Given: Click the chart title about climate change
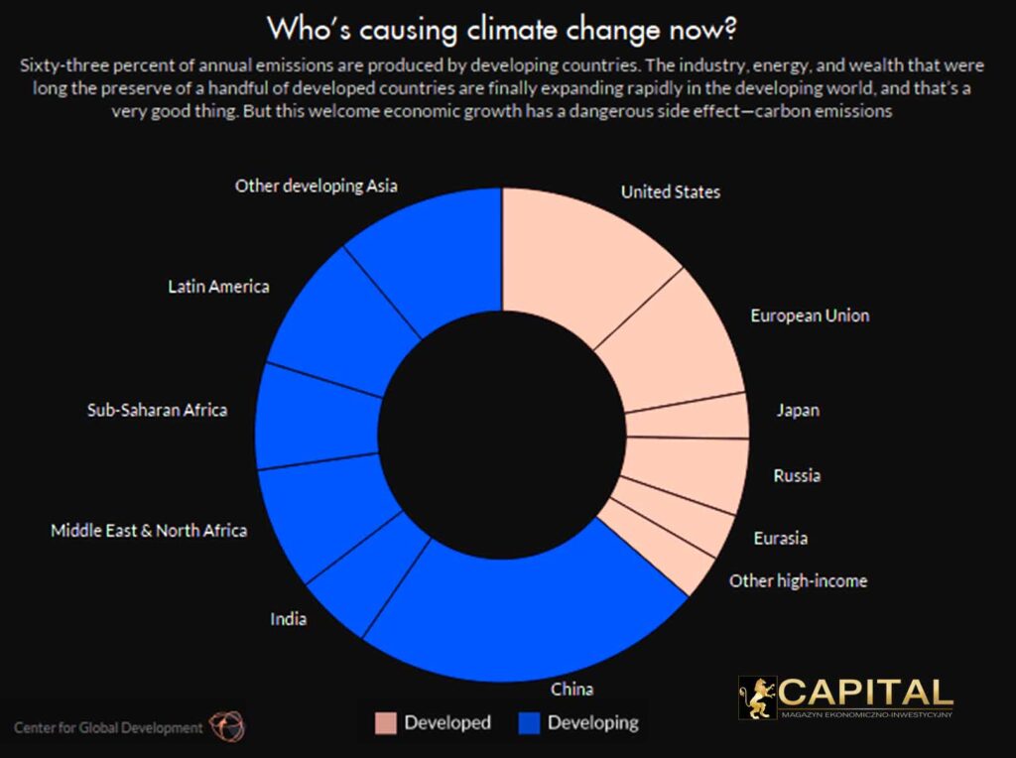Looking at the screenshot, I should tap(501, 29).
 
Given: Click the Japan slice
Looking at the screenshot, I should tap(687, 416).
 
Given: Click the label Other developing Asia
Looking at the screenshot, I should tap(317, 186).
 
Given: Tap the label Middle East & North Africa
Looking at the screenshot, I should tap(149, 530).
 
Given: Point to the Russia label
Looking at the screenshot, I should tap(797, 475).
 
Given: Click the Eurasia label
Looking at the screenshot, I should tap(781, 538).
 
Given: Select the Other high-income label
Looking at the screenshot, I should tap(798, 580).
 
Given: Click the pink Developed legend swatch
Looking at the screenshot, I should tap(385, 722).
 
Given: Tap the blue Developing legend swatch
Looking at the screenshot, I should tap(529, 722).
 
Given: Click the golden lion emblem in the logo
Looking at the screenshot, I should tap(757, 697).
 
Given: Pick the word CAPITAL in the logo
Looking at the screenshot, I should tap(865, 692).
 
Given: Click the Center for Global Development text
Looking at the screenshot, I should tap(107, 727).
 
